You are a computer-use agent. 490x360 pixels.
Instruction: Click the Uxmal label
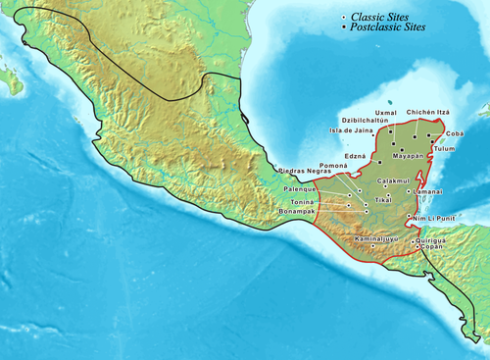[386, 113]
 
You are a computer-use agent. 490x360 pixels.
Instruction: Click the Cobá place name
[455, 132]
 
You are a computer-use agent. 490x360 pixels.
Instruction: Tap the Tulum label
[446, 148]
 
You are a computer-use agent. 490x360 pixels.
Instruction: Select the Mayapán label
[411, 155]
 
